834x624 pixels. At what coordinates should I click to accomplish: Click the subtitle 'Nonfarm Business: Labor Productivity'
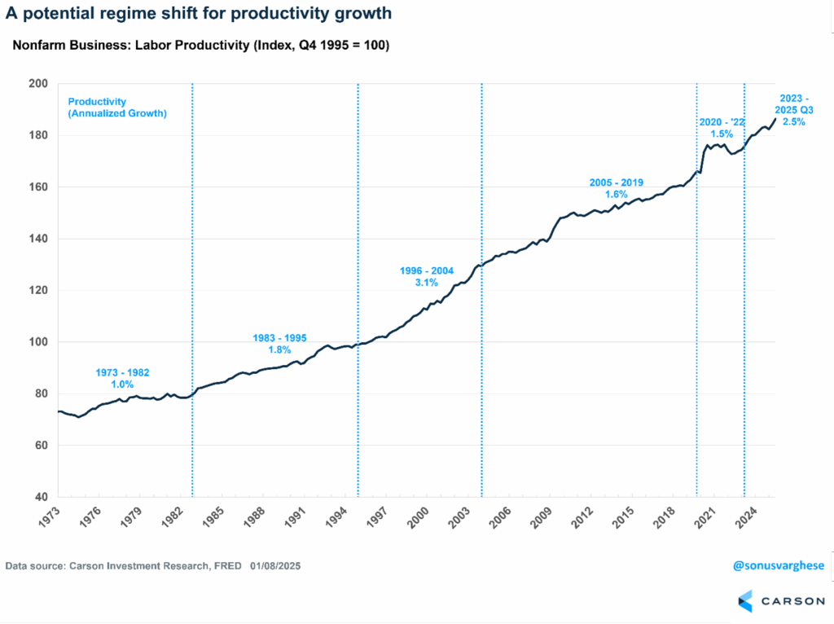point(200,46)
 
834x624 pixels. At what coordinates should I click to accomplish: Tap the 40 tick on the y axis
point(41,497)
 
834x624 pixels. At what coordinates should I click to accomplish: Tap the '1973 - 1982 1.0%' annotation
point(122,378)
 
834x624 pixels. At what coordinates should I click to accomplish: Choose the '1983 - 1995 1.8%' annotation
point(278,343)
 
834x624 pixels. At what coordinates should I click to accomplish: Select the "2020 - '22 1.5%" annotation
point(722,128)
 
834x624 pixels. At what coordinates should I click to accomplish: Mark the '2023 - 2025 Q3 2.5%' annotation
point(793,110)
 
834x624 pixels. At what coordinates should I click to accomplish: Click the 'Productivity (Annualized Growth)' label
point(117,108)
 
